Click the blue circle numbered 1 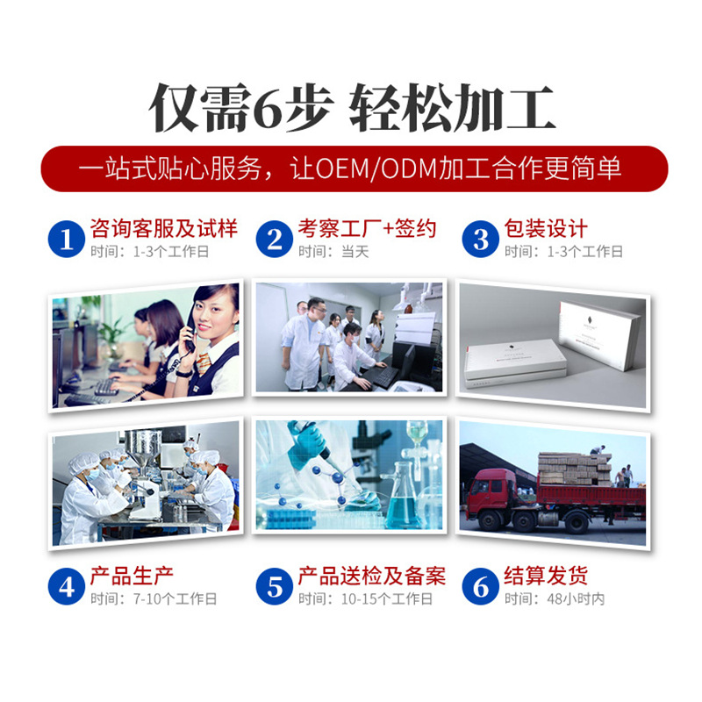[67, 239]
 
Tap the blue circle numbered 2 [275, 239]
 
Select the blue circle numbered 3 [481, 239]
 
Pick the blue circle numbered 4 [67, 586]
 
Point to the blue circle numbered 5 [275, 586]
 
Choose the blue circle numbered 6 [481, 586]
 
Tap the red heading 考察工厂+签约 [366, 230]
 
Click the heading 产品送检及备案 [371, 577]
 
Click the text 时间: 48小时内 [554, 599]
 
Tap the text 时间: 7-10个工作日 [153, 599]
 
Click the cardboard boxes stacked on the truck [574, 469]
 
